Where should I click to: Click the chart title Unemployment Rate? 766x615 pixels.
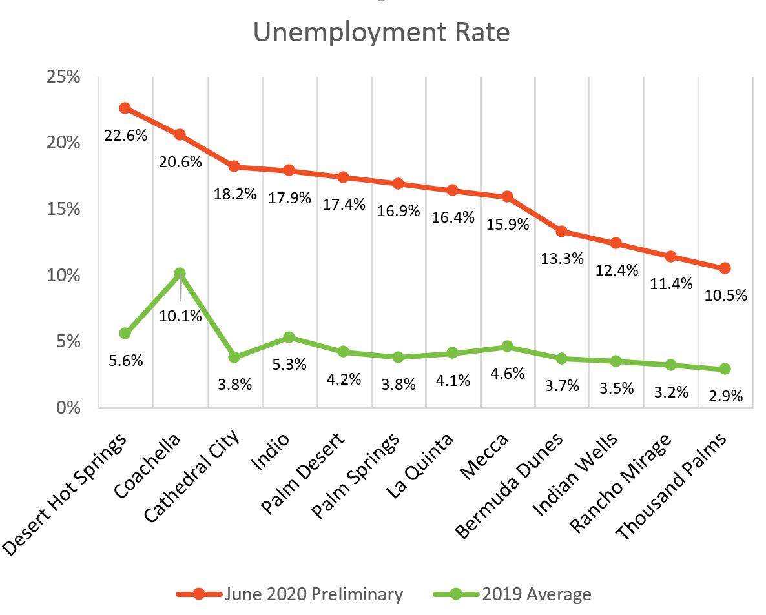point(381,32)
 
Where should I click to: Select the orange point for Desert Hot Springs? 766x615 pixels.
point(125,108)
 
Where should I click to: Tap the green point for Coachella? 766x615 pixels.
point(180,274)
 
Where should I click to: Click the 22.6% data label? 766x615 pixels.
point(126,136)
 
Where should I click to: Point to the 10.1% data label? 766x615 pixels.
point(181,316)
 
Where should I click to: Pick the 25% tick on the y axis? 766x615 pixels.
point(64,77)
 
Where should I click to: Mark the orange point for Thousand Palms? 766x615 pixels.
point(725,268)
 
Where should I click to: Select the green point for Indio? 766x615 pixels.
point(289,338)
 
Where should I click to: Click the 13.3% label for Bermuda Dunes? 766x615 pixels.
point(562,258)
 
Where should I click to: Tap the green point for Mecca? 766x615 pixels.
point(507,347)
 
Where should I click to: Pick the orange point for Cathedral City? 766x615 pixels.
point(234,166)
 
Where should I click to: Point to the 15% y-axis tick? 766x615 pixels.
point(64,210)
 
